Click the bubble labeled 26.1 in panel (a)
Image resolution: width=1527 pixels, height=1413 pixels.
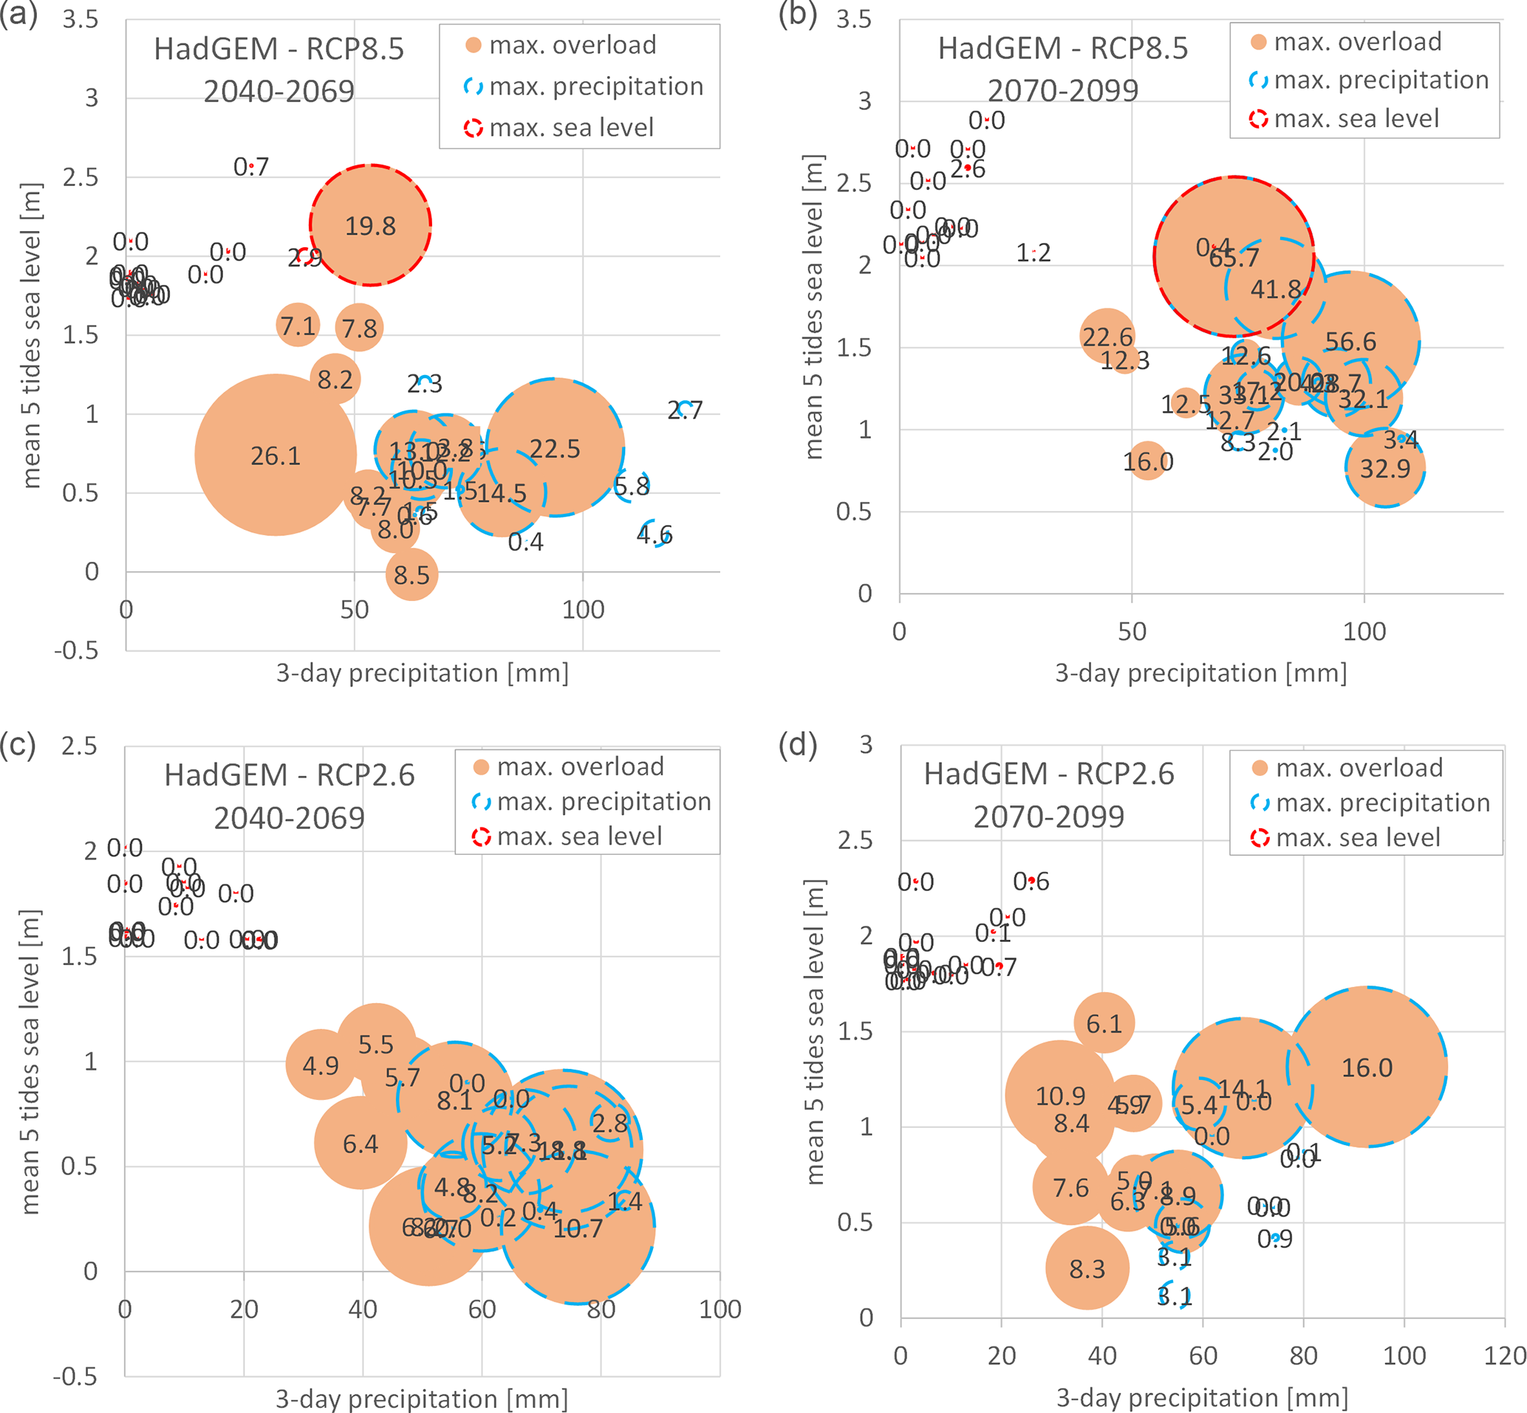(276, 455)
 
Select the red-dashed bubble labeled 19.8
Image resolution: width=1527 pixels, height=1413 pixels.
(370, 226)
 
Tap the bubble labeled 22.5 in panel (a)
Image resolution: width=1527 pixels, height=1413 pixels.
(555, 447)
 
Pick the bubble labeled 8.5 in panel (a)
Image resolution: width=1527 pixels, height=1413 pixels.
(411, 574)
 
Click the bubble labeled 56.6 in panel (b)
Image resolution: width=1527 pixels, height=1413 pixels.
(1350, 341)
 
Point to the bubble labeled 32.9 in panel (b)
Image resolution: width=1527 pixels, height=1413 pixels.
(1384, 467)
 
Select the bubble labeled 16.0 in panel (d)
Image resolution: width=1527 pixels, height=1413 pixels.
(1367, 1067)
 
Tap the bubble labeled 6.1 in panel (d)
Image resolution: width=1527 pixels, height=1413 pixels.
(1104, 1023)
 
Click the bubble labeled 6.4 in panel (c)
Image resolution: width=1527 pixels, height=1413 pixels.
(361, 1143)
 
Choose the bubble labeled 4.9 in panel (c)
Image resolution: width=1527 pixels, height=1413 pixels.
(321, 1065)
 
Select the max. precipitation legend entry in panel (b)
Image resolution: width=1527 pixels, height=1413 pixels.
(1370, 80)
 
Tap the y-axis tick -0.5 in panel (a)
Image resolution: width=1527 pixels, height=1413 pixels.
(77, 650)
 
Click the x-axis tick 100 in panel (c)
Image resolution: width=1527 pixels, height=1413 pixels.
(719, 1309)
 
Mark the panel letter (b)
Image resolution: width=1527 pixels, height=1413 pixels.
(797, 16)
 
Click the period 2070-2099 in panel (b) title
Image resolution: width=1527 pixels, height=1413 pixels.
(1062, 91)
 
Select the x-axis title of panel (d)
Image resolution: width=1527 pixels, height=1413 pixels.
(1202, 1397)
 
